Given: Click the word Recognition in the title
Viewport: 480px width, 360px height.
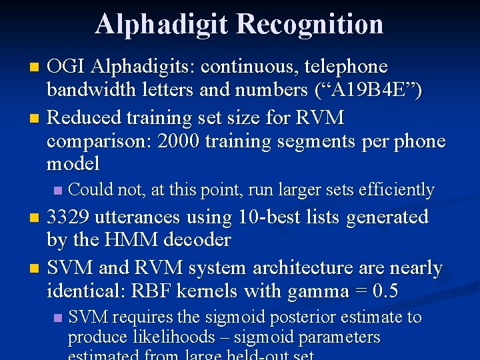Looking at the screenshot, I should [310, 24].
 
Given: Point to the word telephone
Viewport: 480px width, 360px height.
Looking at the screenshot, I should [347, 67].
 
